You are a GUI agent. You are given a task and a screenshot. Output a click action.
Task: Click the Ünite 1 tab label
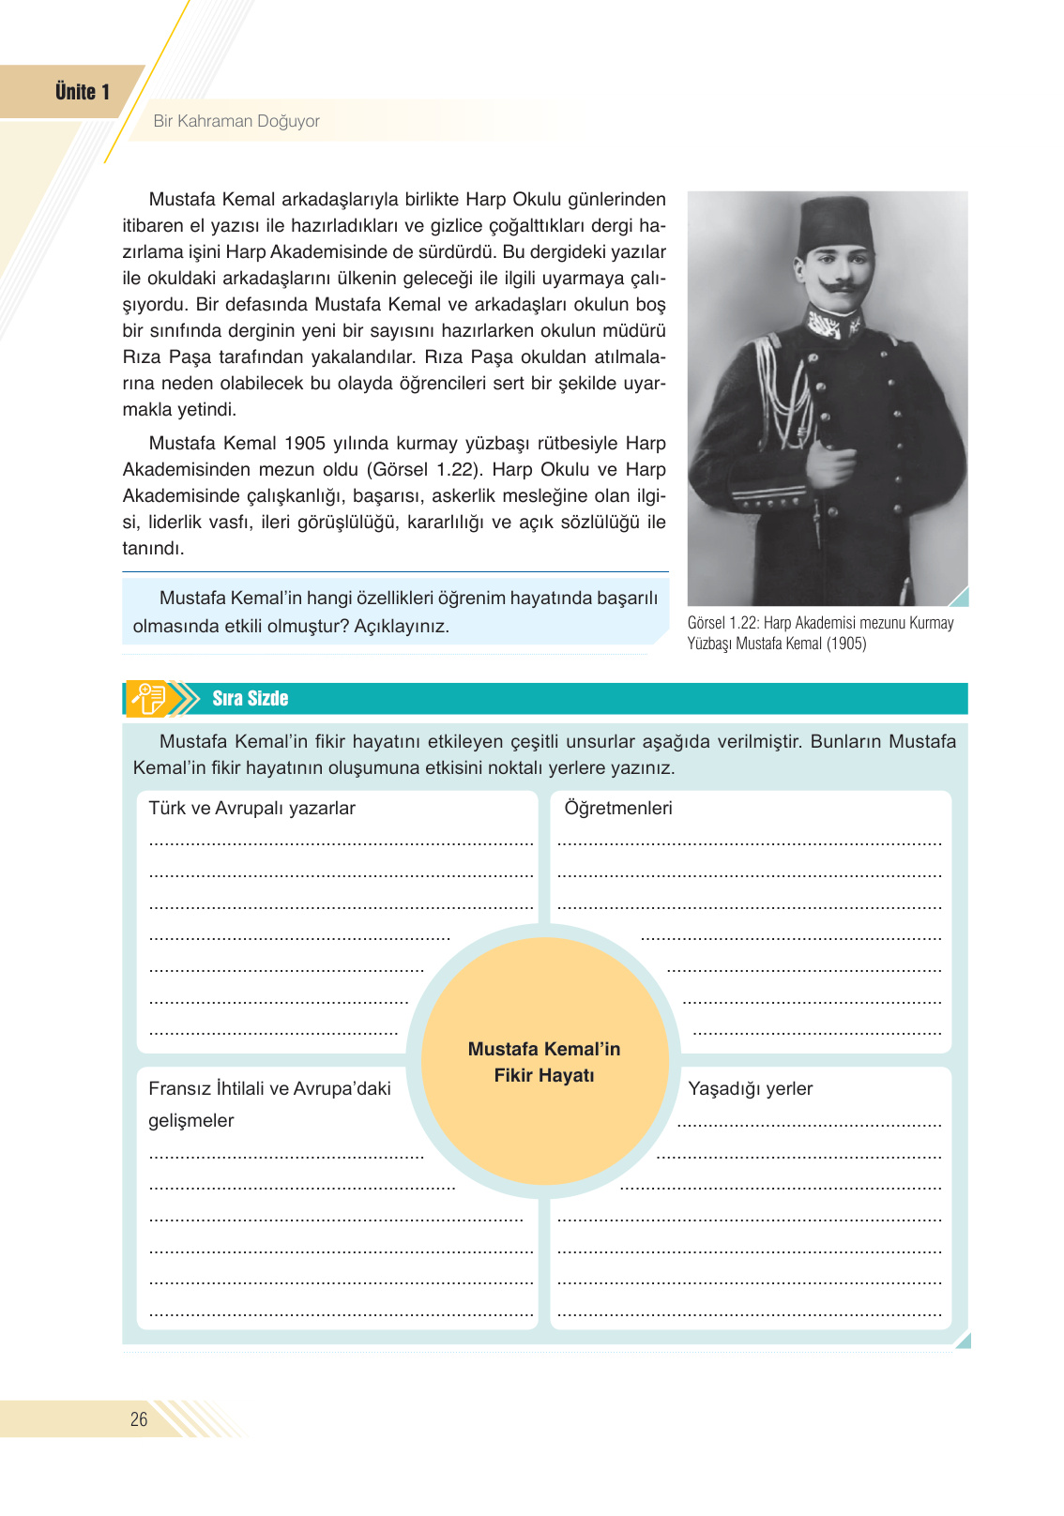(x=83, y=92)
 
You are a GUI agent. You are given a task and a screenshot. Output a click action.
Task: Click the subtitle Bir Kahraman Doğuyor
(x=236, y=121)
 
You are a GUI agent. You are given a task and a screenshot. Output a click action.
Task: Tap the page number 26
(x=139, y=1419)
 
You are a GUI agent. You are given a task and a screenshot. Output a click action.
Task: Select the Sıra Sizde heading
(x=250, y=699)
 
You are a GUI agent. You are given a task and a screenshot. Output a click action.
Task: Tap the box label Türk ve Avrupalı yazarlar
(x=251, y=809)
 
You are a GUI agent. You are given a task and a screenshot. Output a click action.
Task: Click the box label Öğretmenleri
(x=618, y=809)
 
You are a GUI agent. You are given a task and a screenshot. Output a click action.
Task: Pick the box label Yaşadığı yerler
(x=750, y=1089)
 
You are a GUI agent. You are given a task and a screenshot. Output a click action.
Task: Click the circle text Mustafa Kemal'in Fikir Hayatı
(x=544, y=1062)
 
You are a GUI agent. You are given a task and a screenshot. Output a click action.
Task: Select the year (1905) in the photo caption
(x=846, y=644)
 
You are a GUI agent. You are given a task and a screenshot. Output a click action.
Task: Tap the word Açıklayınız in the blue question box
(x=402, y=627)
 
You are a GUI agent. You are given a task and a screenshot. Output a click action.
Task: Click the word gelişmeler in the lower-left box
(x=190, y=1121)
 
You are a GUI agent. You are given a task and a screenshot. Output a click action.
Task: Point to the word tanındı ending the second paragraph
(x=153, y=549)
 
